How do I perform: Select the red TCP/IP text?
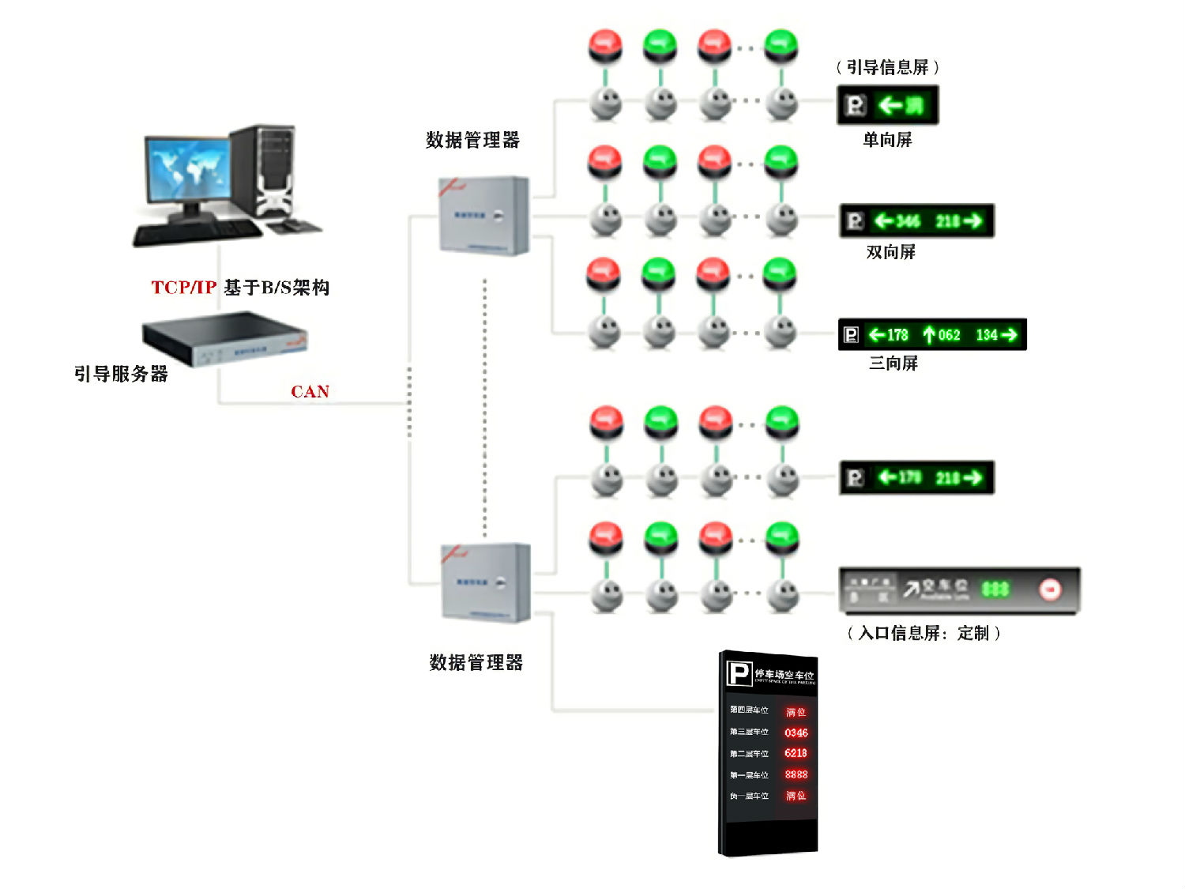[x=183, y=288]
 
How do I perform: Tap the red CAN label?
[x=310, y=392]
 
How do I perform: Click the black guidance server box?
[x=224, y=338]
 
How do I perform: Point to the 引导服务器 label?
[x=121, y=374]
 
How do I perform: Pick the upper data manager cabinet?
[x=483, y=216]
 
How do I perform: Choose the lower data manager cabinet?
[x=485, y=583]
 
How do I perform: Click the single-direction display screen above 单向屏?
[x=887, y=105]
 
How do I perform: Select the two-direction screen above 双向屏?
[x=916, y=221]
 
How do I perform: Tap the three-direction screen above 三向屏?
[x=931, y=335]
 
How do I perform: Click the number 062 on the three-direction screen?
[x=949, y=335]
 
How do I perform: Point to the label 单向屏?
[x=887, y=140]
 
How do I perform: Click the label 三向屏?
[x=893, y=364]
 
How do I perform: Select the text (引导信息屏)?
[x=887, y=67]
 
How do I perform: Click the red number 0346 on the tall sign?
[x=796, y=733]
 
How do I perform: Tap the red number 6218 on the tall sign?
[x=796, y=753]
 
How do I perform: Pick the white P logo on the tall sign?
[x=739, y=674]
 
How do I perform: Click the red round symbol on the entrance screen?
[x=1050, y=590]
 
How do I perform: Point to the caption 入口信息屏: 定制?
[x=924, y=633]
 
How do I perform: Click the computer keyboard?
[x=197, y=232]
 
